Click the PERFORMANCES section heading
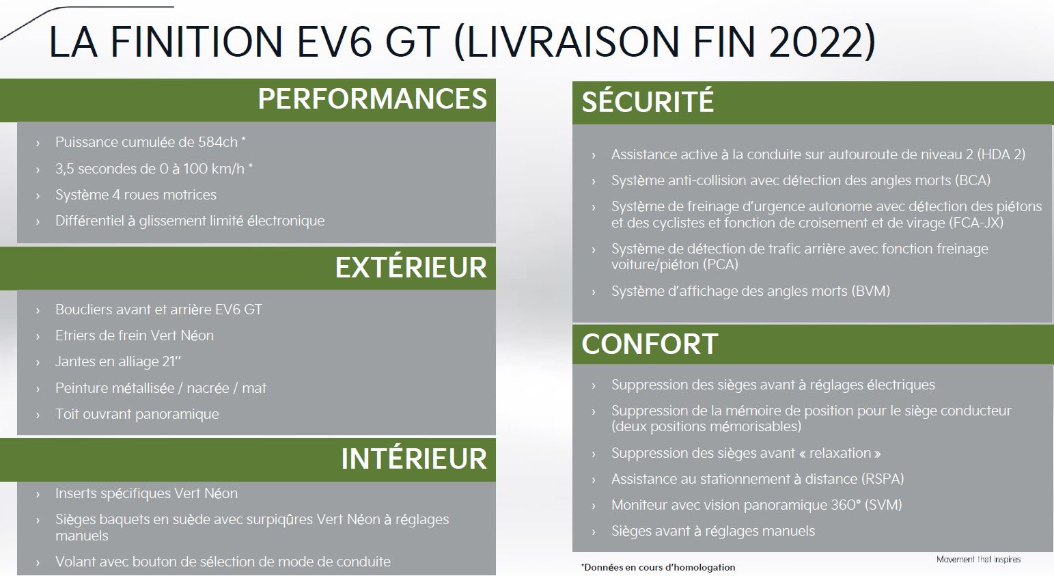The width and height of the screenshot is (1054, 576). tap(372, 99)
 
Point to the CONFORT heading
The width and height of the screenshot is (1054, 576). tap(650, 344)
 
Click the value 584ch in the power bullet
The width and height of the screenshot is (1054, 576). tap(218, 142)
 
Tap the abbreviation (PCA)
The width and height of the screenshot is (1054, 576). tap(721, 264)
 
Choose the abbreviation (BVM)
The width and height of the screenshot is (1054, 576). tap(871, 291)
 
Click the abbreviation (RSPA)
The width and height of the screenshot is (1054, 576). tap(883, 479)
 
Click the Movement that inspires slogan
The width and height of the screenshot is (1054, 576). tap(978, 560)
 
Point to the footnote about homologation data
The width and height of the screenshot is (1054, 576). tap(658, 568)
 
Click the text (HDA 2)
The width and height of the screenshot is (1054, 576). tap(1001, 154)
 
